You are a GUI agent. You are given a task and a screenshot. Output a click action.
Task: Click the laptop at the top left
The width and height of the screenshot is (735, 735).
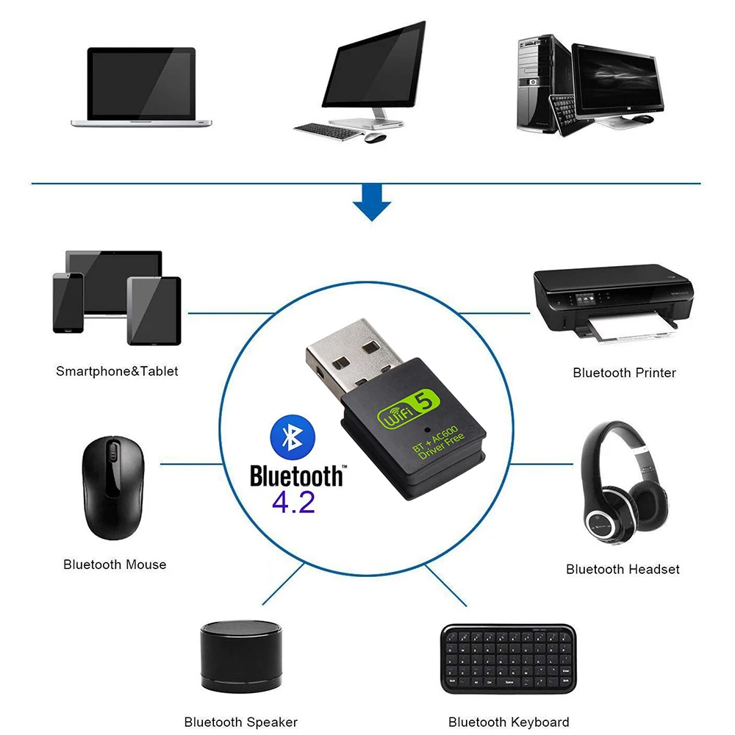tap(142, 87)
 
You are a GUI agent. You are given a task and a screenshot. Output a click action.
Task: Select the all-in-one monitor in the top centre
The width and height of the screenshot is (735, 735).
tap(373, 70)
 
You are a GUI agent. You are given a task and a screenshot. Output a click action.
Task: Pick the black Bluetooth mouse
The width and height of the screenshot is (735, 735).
tap(112, 488)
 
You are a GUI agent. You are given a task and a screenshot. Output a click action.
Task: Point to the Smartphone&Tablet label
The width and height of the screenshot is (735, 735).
tap(118, 371)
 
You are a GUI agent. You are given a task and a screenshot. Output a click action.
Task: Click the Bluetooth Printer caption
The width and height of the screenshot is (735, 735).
tap(624, 373)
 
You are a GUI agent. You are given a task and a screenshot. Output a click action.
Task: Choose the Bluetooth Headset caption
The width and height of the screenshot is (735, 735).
tap(623, 569)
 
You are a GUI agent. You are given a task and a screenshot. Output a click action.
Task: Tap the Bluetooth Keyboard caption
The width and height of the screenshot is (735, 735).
tap(509, 722)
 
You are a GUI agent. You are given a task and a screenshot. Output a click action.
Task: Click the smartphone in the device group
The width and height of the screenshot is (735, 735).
tap(68, 303)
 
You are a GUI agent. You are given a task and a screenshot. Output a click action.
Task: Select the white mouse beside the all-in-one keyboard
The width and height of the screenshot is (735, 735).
tap(376, 137)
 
